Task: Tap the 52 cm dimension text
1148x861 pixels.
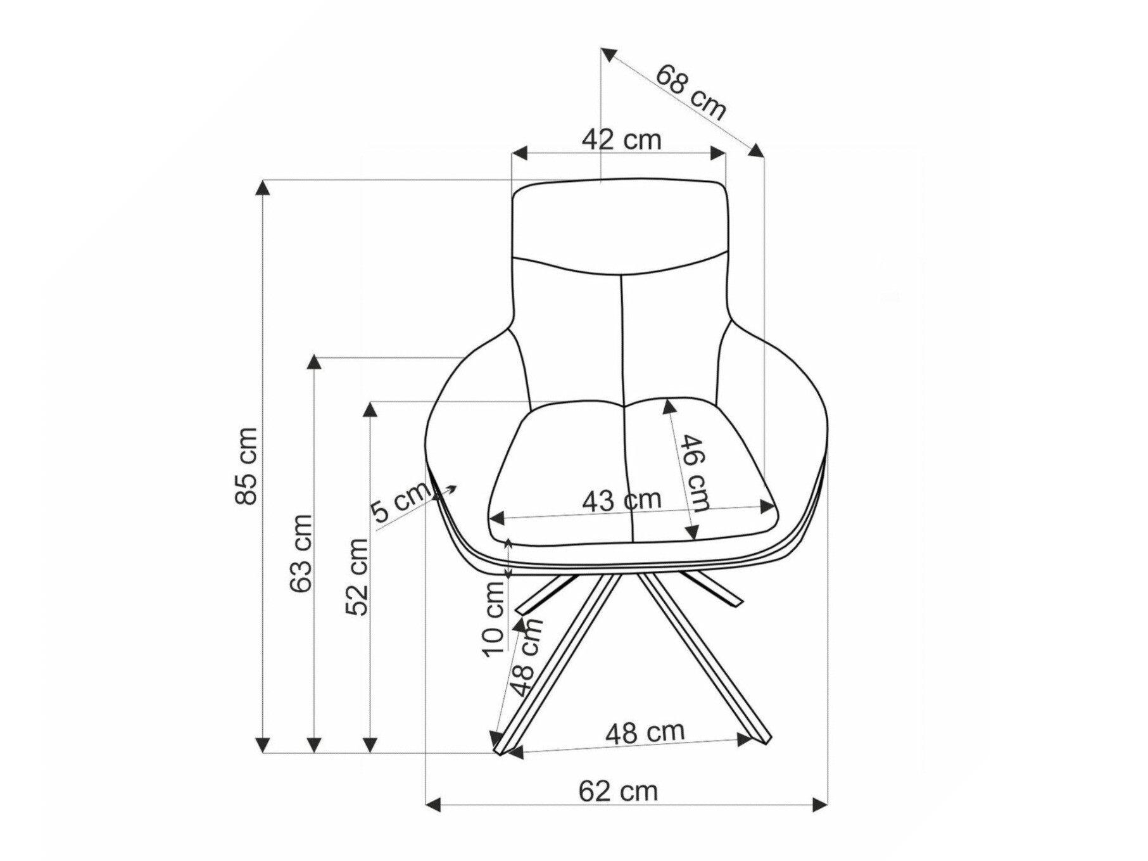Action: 357,576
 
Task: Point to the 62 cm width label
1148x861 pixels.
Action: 618,791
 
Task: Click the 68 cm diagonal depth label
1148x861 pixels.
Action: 690,92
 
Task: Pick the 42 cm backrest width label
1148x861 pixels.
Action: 621,139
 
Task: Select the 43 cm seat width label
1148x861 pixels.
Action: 621,501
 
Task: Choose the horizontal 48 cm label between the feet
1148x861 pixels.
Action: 645,733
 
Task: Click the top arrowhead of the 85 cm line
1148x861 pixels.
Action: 263,187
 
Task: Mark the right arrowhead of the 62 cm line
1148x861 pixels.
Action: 820,805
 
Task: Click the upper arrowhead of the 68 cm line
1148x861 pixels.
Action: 608,54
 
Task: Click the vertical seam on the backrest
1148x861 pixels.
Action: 624,336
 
